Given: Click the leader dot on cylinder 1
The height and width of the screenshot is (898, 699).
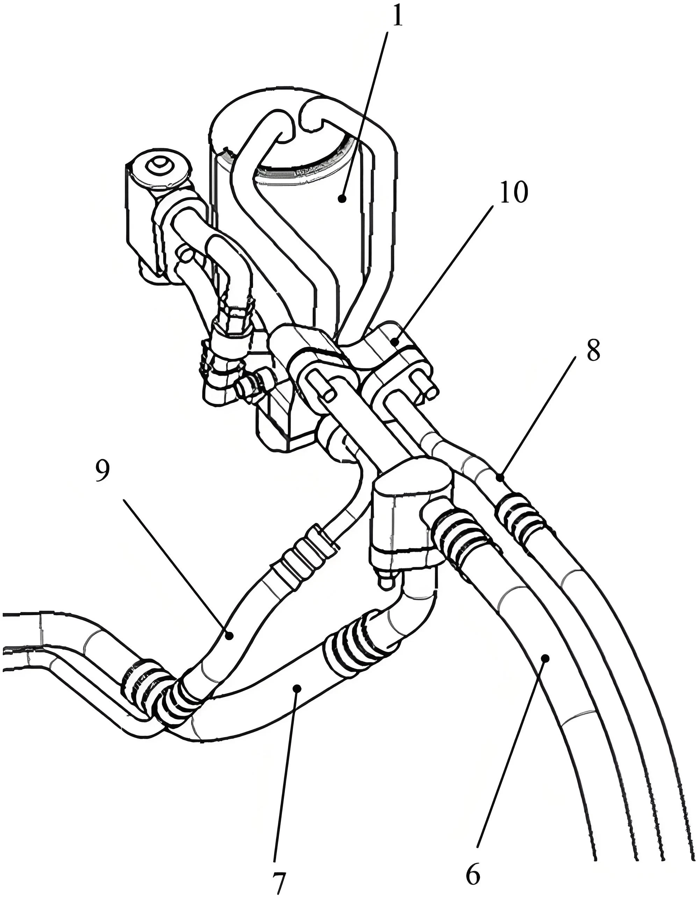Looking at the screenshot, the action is [341, 199].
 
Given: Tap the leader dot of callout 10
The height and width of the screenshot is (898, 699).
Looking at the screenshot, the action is [395, 341].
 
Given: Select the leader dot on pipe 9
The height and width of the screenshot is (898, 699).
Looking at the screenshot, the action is [230, 636].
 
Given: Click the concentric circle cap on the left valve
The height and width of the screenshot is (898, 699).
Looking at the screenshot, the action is [158, 166].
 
